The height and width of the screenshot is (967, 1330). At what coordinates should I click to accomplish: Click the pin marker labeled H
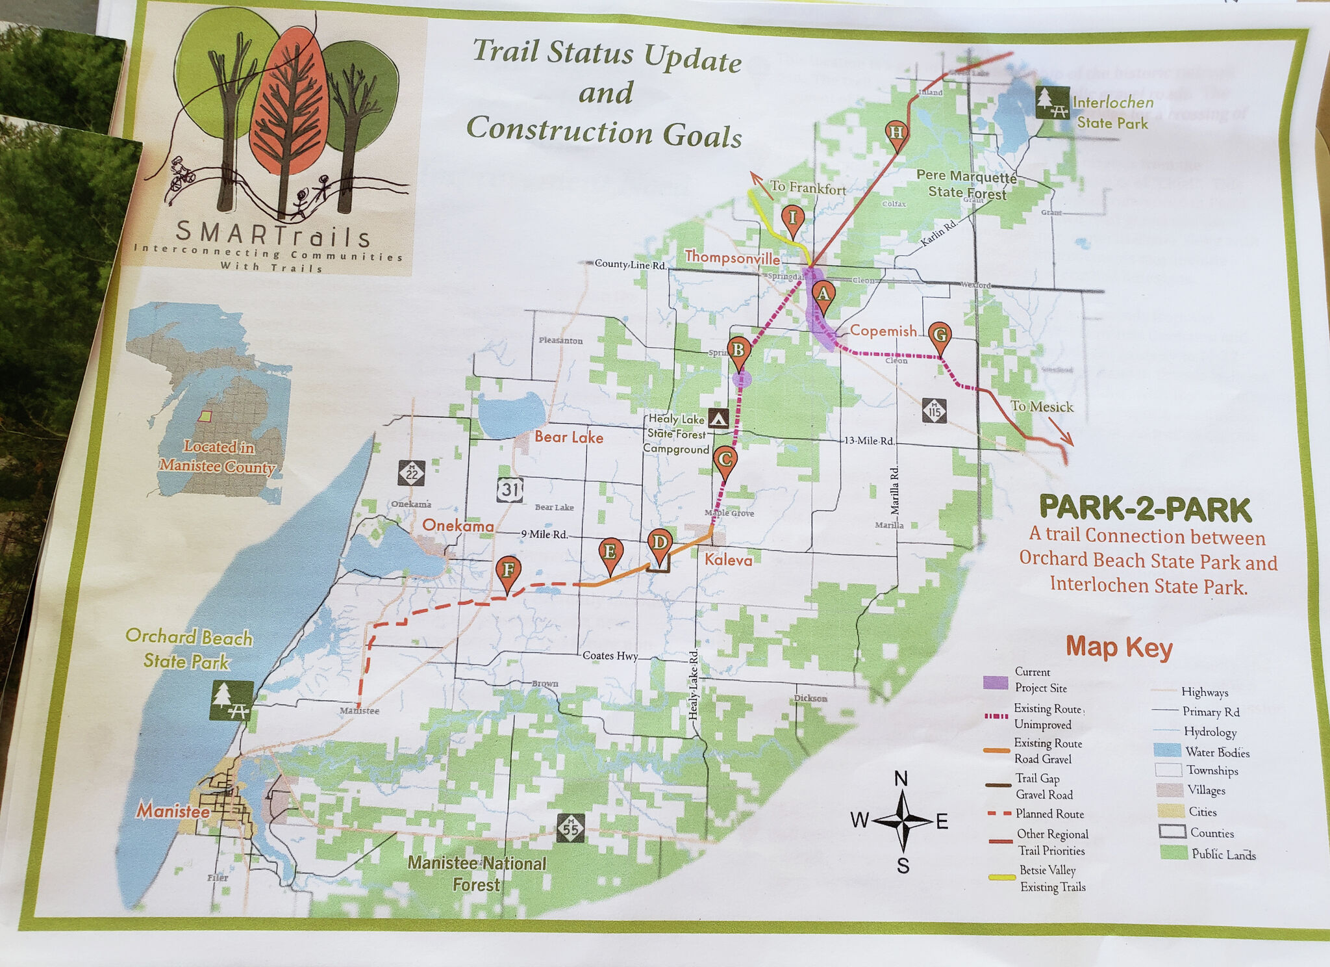click(896, 133)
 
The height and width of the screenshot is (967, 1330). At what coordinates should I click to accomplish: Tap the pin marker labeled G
click(940, 335)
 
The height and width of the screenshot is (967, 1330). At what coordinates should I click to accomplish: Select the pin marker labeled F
click(508, 571)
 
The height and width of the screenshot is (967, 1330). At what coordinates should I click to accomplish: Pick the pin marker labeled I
click(792, 218)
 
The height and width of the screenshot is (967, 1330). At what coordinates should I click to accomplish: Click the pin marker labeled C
click(725, 459)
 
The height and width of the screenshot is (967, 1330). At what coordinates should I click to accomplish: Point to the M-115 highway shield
click(935, 411)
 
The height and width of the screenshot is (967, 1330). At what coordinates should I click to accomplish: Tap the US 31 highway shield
click(510, 489)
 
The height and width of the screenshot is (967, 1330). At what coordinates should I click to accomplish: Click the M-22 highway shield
click(412, 473)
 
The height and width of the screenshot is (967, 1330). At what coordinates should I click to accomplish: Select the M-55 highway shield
click(570, 828)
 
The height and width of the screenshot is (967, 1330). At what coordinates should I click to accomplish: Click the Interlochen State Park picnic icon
click(1052, 103)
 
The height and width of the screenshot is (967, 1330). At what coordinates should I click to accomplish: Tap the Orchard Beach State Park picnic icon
click(231, 700)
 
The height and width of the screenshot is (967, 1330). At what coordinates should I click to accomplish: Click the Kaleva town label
click(729, 560)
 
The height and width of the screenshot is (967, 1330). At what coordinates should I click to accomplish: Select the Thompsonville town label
click(732, 257)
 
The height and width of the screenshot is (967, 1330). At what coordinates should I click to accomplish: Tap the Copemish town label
click(883, 331)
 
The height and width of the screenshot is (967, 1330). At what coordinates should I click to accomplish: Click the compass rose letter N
click(901, 779)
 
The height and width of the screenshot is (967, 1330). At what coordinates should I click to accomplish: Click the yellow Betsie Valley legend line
click(1001, 877)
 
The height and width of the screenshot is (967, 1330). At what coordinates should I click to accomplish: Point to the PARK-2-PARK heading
click(1145, 509)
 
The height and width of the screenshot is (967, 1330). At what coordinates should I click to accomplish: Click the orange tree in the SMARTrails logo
click(288, 104)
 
